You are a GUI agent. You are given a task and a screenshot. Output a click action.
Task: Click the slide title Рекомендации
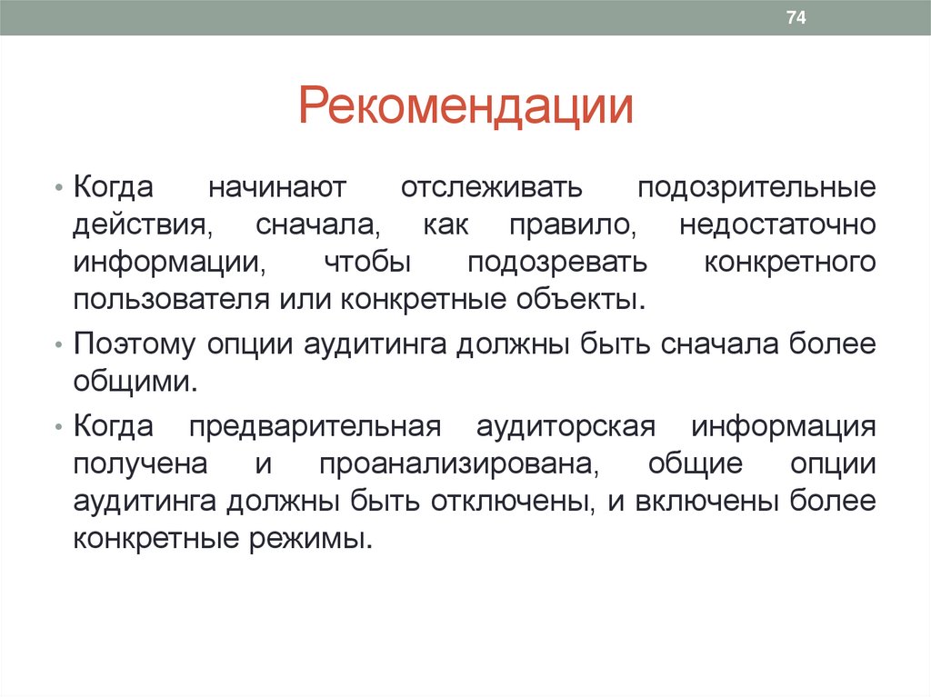point(465,105)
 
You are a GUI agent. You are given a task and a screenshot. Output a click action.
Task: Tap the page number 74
point(796,18)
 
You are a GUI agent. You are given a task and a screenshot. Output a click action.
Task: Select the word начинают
point(276,188)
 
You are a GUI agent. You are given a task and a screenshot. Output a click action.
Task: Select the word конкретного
point(790,262)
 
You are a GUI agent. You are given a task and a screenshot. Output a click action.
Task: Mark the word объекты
point(592,299)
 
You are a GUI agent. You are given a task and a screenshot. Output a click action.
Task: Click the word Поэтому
point(135,344)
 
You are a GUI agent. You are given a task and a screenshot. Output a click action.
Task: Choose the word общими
point(134,382)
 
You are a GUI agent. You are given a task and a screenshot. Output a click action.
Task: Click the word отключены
point(513,501)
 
